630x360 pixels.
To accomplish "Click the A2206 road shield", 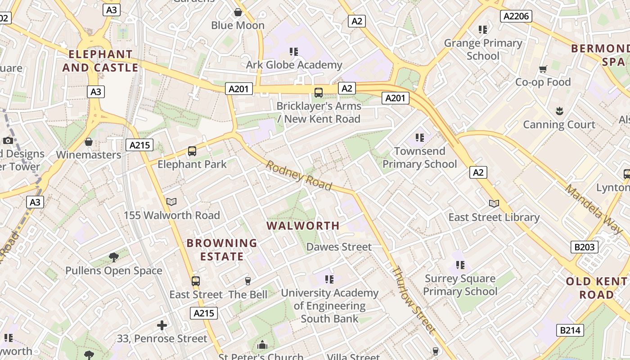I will [516, 16].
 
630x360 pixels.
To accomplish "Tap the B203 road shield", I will [585, 247].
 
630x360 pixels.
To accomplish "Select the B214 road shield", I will [570, 330].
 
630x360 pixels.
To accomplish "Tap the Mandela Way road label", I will [594, 209].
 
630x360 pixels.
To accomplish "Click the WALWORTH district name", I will [303, 225].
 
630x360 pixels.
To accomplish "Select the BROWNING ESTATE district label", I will [222, 250].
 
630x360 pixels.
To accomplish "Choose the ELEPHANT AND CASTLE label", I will [100, 61].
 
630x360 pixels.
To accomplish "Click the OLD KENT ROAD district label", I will [596, 288].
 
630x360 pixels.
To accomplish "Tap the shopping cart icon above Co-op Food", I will [543, 69].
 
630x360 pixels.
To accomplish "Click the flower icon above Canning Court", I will [559, 111].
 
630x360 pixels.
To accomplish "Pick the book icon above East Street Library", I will [494, 203].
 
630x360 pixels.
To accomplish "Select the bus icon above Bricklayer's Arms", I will [319, 93].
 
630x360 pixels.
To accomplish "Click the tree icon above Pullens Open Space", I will [114, 257].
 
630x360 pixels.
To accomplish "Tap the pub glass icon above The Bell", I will [247, 281].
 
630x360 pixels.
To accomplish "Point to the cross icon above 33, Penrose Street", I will [162, 325].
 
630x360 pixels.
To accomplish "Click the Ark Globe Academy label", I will [294, 65].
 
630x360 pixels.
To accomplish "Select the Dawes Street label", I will [339, 247].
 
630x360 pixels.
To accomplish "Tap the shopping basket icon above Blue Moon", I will [238, 12].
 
